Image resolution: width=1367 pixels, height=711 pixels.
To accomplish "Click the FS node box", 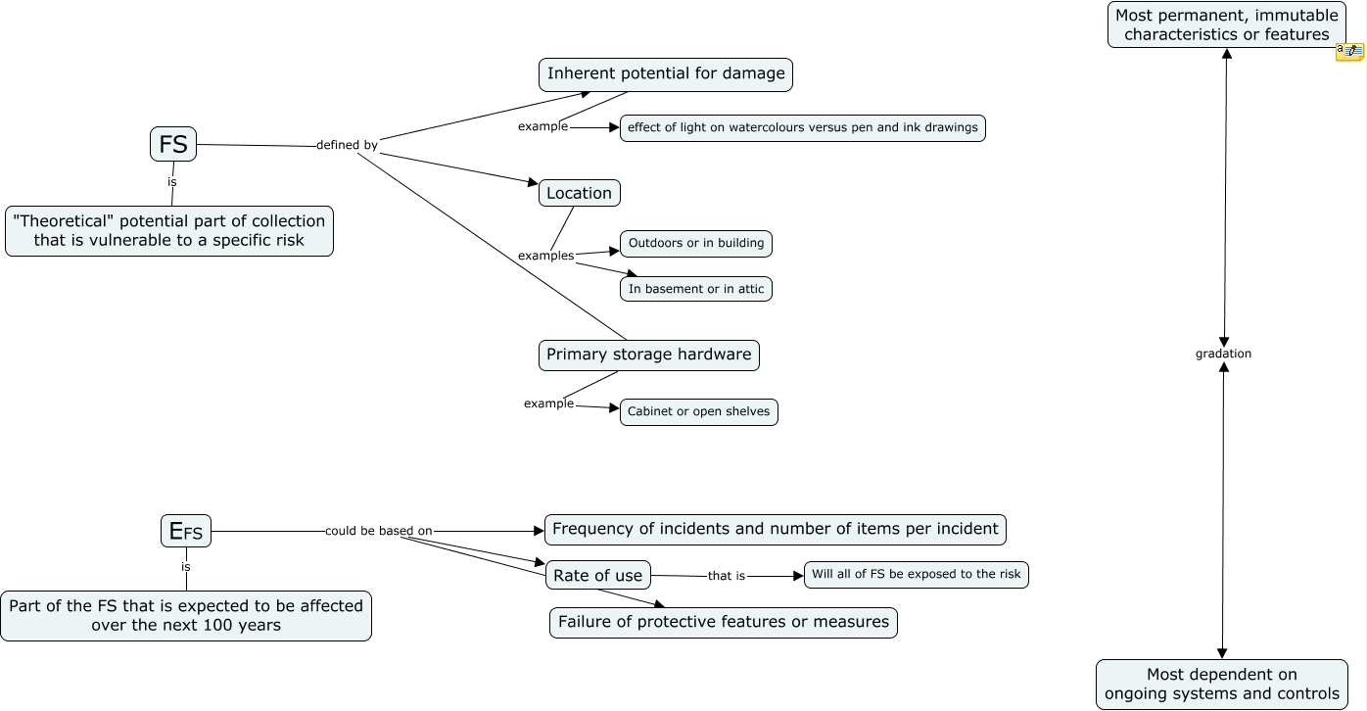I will pos(173,144).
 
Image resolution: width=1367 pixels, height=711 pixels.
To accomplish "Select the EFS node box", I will pos(186,531).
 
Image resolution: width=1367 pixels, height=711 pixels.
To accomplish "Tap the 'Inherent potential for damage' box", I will pos(666,73).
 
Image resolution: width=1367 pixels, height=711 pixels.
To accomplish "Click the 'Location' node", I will pos(579,193).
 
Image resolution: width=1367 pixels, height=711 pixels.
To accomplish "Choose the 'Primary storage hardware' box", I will pos(648,355).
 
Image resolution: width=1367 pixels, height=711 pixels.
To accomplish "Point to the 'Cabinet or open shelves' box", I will pos(698,411).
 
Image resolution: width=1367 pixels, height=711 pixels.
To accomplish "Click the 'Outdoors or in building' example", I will pos(695,243).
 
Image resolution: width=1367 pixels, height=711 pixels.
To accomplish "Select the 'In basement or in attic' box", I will pos(695,289).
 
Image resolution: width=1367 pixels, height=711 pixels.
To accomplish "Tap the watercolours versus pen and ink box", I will pos(802,127).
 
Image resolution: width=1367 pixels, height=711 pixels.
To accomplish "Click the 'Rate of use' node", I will pos(597,576).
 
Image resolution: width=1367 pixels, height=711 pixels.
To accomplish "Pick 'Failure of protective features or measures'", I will pos(723,622).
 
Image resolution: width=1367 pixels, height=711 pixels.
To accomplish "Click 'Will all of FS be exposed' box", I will pos(916,574).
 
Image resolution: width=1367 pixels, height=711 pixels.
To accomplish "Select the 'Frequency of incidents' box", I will pos(775,529).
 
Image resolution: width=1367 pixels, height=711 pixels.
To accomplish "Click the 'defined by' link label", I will pos(347,145).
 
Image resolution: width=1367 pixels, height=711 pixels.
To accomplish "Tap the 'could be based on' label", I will pos(378,531).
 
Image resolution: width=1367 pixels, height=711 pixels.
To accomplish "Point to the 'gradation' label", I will pos(1223,354).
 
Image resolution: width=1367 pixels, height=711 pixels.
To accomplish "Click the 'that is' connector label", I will pos(726,576).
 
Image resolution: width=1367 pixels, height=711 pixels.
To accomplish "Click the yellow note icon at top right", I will pos(1349,51).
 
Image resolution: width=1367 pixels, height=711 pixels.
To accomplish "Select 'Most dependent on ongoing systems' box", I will pos(1221,684).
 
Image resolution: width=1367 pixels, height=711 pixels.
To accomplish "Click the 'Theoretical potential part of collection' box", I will pos(169,230).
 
